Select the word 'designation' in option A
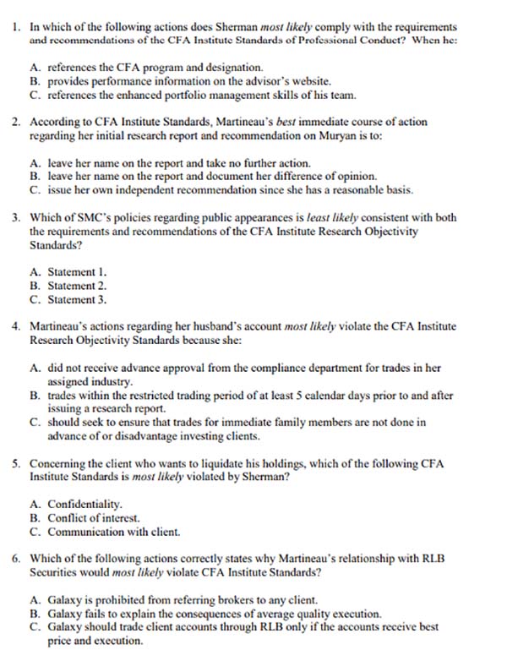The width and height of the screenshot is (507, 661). (237, 67)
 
